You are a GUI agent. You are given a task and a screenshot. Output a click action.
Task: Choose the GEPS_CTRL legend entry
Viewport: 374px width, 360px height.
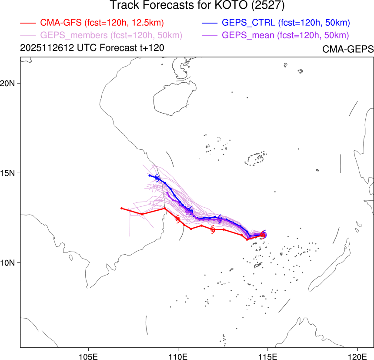(286, 22)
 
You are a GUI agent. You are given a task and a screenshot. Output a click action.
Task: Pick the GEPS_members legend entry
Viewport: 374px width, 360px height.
(111, 35)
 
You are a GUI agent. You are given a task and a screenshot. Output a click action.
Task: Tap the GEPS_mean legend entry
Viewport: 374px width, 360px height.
(285, 35)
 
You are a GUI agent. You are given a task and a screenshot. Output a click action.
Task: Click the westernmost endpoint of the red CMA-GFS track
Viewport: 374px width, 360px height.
(121, 208)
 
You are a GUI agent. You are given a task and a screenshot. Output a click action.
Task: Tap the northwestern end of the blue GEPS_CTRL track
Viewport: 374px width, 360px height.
(150, 175)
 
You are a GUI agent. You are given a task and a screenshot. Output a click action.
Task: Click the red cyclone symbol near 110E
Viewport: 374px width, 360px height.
(178, 219)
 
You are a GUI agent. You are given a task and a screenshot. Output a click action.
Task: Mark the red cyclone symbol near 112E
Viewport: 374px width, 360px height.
(213, 229)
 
